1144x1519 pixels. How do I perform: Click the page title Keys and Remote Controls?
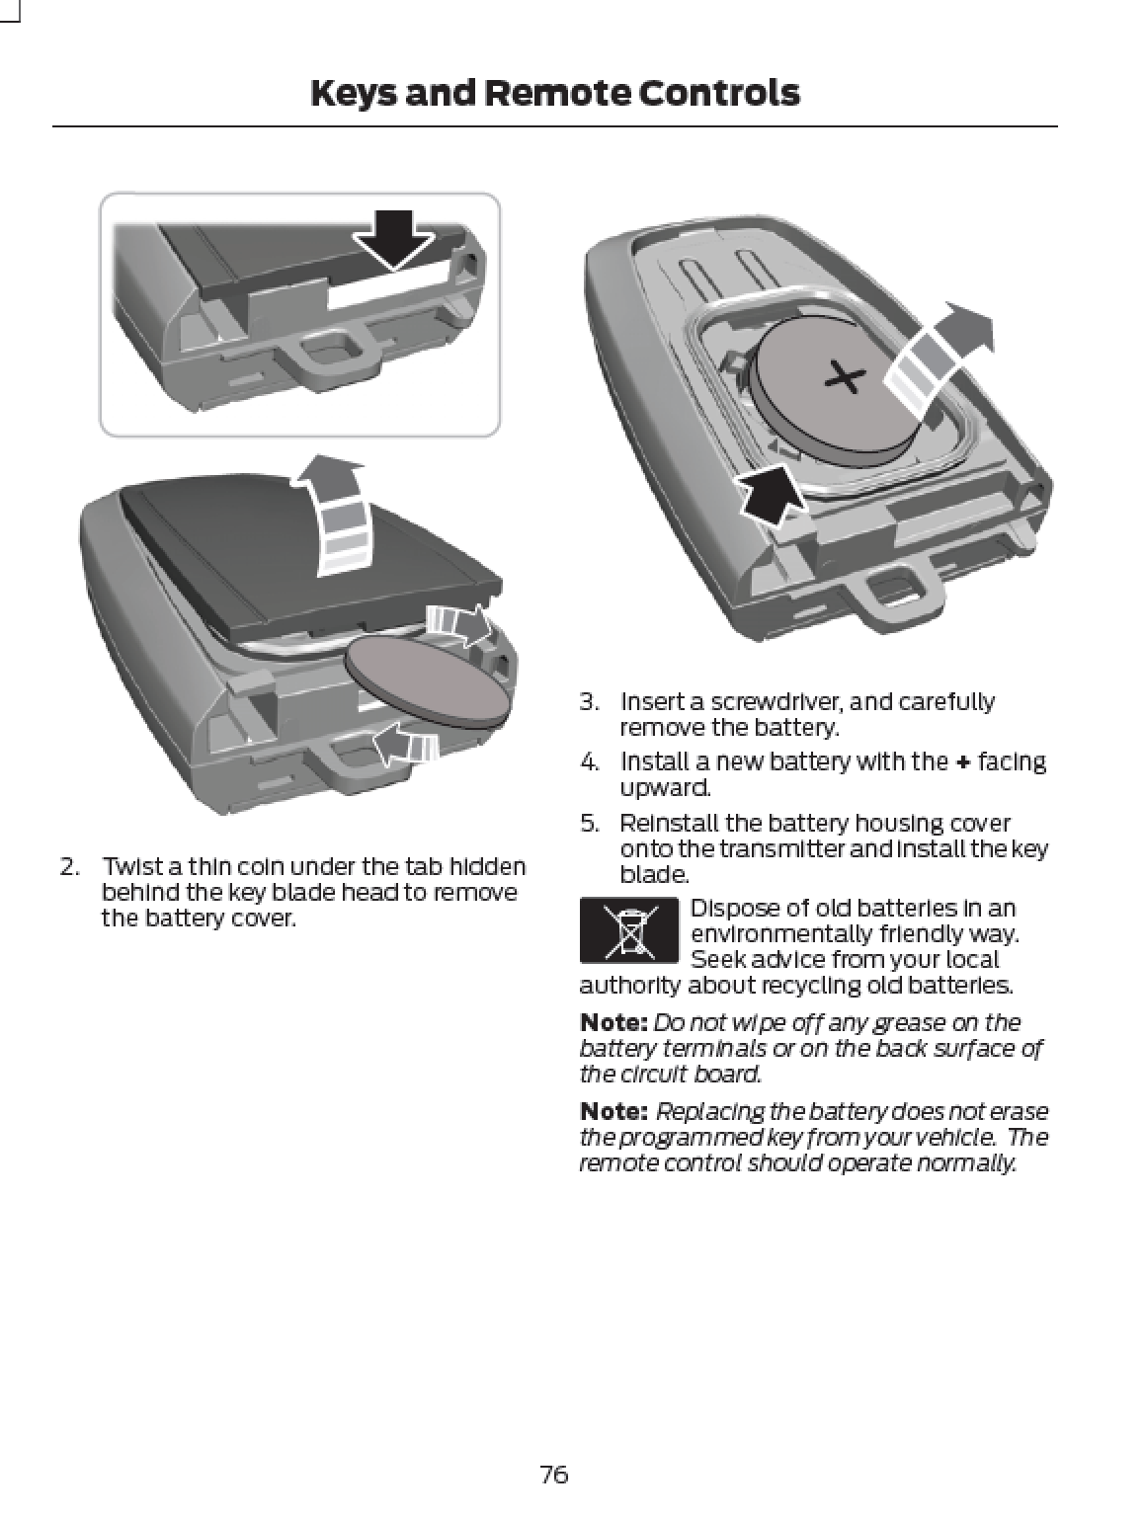554,93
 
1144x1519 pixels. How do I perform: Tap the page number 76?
554,1475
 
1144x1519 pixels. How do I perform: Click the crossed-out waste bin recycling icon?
628,930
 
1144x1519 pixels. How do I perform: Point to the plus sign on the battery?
845,376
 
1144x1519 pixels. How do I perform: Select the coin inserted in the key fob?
430,682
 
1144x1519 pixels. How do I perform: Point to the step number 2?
69,867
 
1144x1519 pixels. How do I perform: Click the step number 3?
590,702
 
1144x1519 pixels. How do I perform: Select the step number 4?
590,762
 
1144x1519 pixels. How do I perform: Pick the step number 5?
590,824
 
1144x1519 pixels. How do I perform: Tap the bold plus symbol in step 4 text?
962,762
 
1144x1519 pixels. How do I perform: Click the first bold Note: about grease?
613,1022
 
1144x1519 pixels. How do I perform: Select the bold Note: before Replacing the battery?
613,1112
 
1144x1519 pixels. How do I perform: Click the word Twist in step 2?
129,867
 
